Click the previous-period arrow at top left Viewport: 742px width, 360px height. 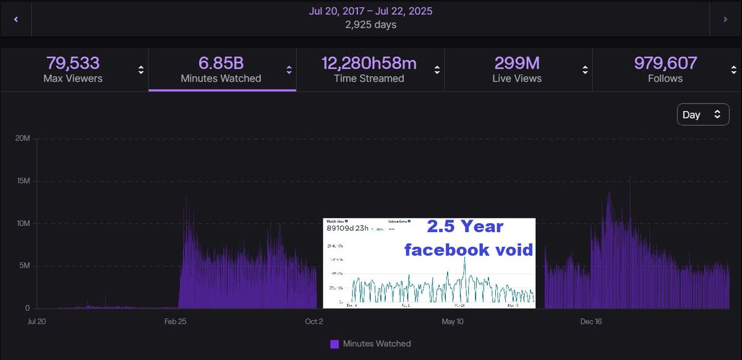15,19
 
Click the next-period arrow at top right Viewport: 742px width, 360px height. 725,19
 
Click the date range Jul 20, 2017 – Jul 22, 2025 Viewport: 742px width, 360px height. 370,11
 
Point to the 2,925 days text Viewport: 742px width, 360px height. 370,25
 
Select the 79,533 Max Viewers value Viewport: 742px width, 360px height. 73,63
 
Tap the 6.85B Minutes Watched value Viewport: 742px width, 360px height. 221,63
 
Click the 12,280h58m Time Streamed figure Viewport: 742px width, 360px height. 369,63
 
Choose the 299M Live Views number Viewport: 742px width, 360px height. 517,63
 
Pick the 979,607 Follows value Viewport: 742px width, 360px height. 665,63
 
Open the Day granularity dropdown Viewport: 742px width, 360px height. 703,114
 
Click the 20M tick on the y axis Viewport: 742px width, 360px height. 22,139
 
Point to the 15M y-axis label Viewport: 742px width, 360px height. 22,181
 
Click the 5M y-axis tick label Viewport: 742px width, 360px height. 24,266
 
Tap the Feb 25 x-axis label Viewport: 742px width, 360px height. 176,322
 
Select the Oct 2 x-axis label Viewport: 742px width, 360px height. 314,322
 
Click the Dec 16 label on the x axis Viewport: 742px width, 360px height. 591,322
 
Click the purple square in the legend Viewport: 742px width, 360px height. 335,344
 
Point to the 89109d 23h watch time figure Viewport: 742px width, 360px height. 348,228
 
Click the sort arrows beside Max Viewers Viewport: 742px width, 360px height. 141,70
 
